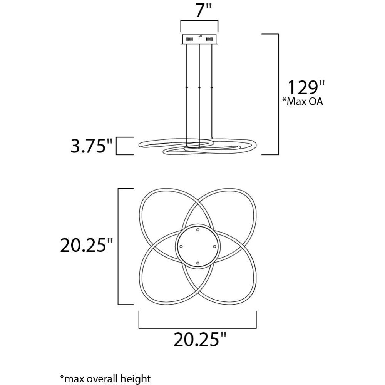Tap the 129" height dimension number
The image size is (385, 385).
coord(306,88)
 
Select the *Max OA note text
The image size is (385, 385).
coord(303,101)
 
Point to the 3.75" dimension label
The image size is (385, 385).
coord(91,146)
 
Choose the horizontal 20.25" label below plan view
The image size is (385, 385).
coord(199,340)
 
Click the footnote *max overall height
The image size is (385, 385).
coord(105,378)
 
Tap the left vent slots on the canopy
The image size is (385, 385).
coord(189,39)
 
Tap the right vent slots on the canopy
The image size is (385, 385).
coord(209,39)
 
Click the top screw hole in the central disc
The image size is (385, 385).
coord(198,230)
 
